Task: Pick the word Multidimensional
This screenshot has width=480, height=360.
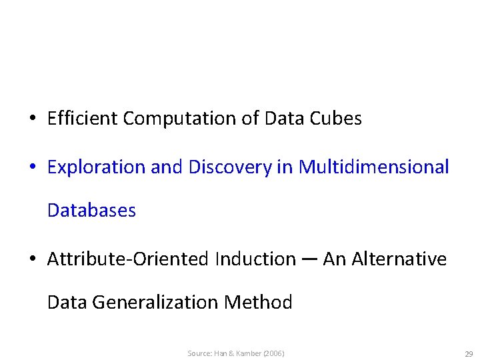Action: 374,167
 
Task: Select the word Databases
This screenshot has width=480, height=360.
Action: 91,211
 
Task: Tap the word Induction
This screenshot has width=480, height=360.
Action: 255,259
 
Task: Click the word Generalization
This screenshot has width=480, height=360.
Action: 155,303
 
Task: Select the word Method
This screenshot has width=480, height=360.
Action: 259,303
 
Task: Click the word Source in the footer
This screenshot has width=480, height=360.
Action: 199,353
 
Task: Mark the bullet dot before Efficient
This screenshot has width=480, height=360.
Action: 32,119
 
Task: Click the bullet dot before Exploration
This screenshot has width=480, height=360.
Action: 32,168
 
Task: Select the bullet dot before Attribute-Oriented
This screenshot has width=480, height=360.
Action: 32,259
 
